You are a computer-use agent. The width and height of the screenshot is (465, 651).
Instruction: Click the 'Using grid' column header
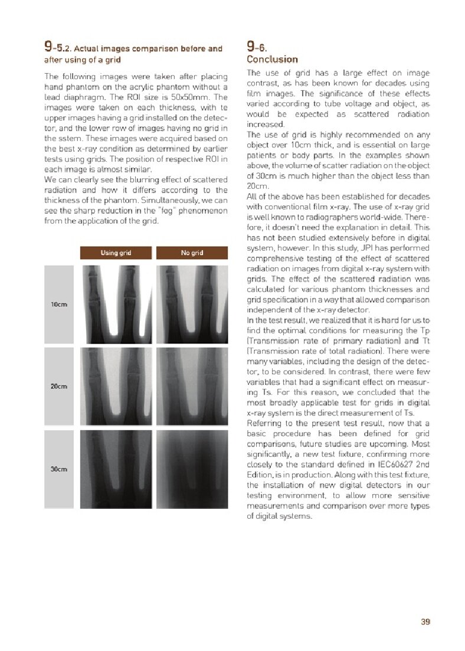click(116, 253)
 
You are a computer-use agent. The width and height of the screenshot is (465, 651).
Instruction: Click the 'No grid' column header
click(192, 253)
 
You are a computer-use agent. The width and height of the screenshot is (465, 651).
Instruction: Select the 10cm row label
click(58, 305)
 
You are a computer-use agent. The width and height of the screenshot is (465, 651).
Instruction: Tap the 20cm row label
click(58, 386)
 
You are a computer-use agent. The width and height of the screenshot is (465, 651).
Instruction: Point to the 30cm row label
click(58, 469)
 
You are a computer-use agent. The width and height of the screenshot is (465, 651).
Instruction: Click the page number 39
click(425, 621)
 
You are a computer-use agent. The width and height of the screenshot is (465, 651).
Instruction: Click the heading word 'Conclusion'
click(272, 60)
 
